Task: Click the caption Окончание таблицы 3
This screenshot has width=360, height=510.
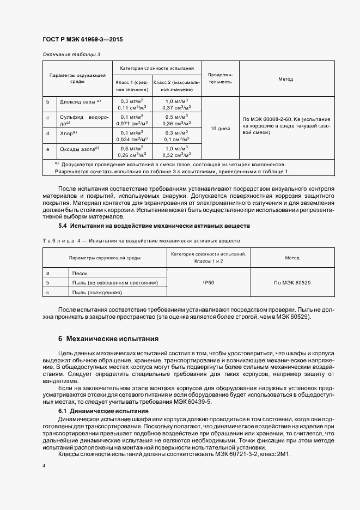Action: [x=71, y=54]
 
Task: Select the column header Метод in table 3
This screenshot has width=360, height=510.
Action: [x=286, y=80]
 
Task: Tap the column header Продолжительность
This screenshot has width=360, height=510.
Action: [x=220, y=78]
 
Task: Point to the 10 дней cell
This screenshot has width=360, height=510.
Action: [x=220, y=129]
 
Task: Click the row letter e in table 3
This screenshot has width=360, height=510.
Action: [x=48, y=149]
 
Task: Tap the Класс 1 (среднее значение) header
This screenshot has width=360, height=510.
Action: [x=131, y=86]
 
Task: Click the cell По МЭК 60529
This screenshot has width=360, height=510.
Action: [x=286, y=283]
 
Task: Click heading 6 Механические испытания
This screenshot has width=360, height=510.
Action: [x=108, y=338]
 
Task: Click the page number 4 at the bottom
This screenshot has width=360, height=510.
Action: [x=44, y=466]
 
